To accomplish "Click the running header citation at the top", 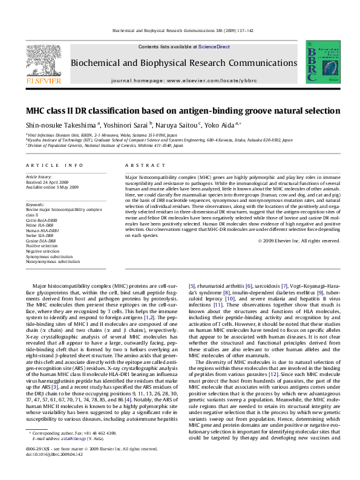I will coord(180,31).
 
